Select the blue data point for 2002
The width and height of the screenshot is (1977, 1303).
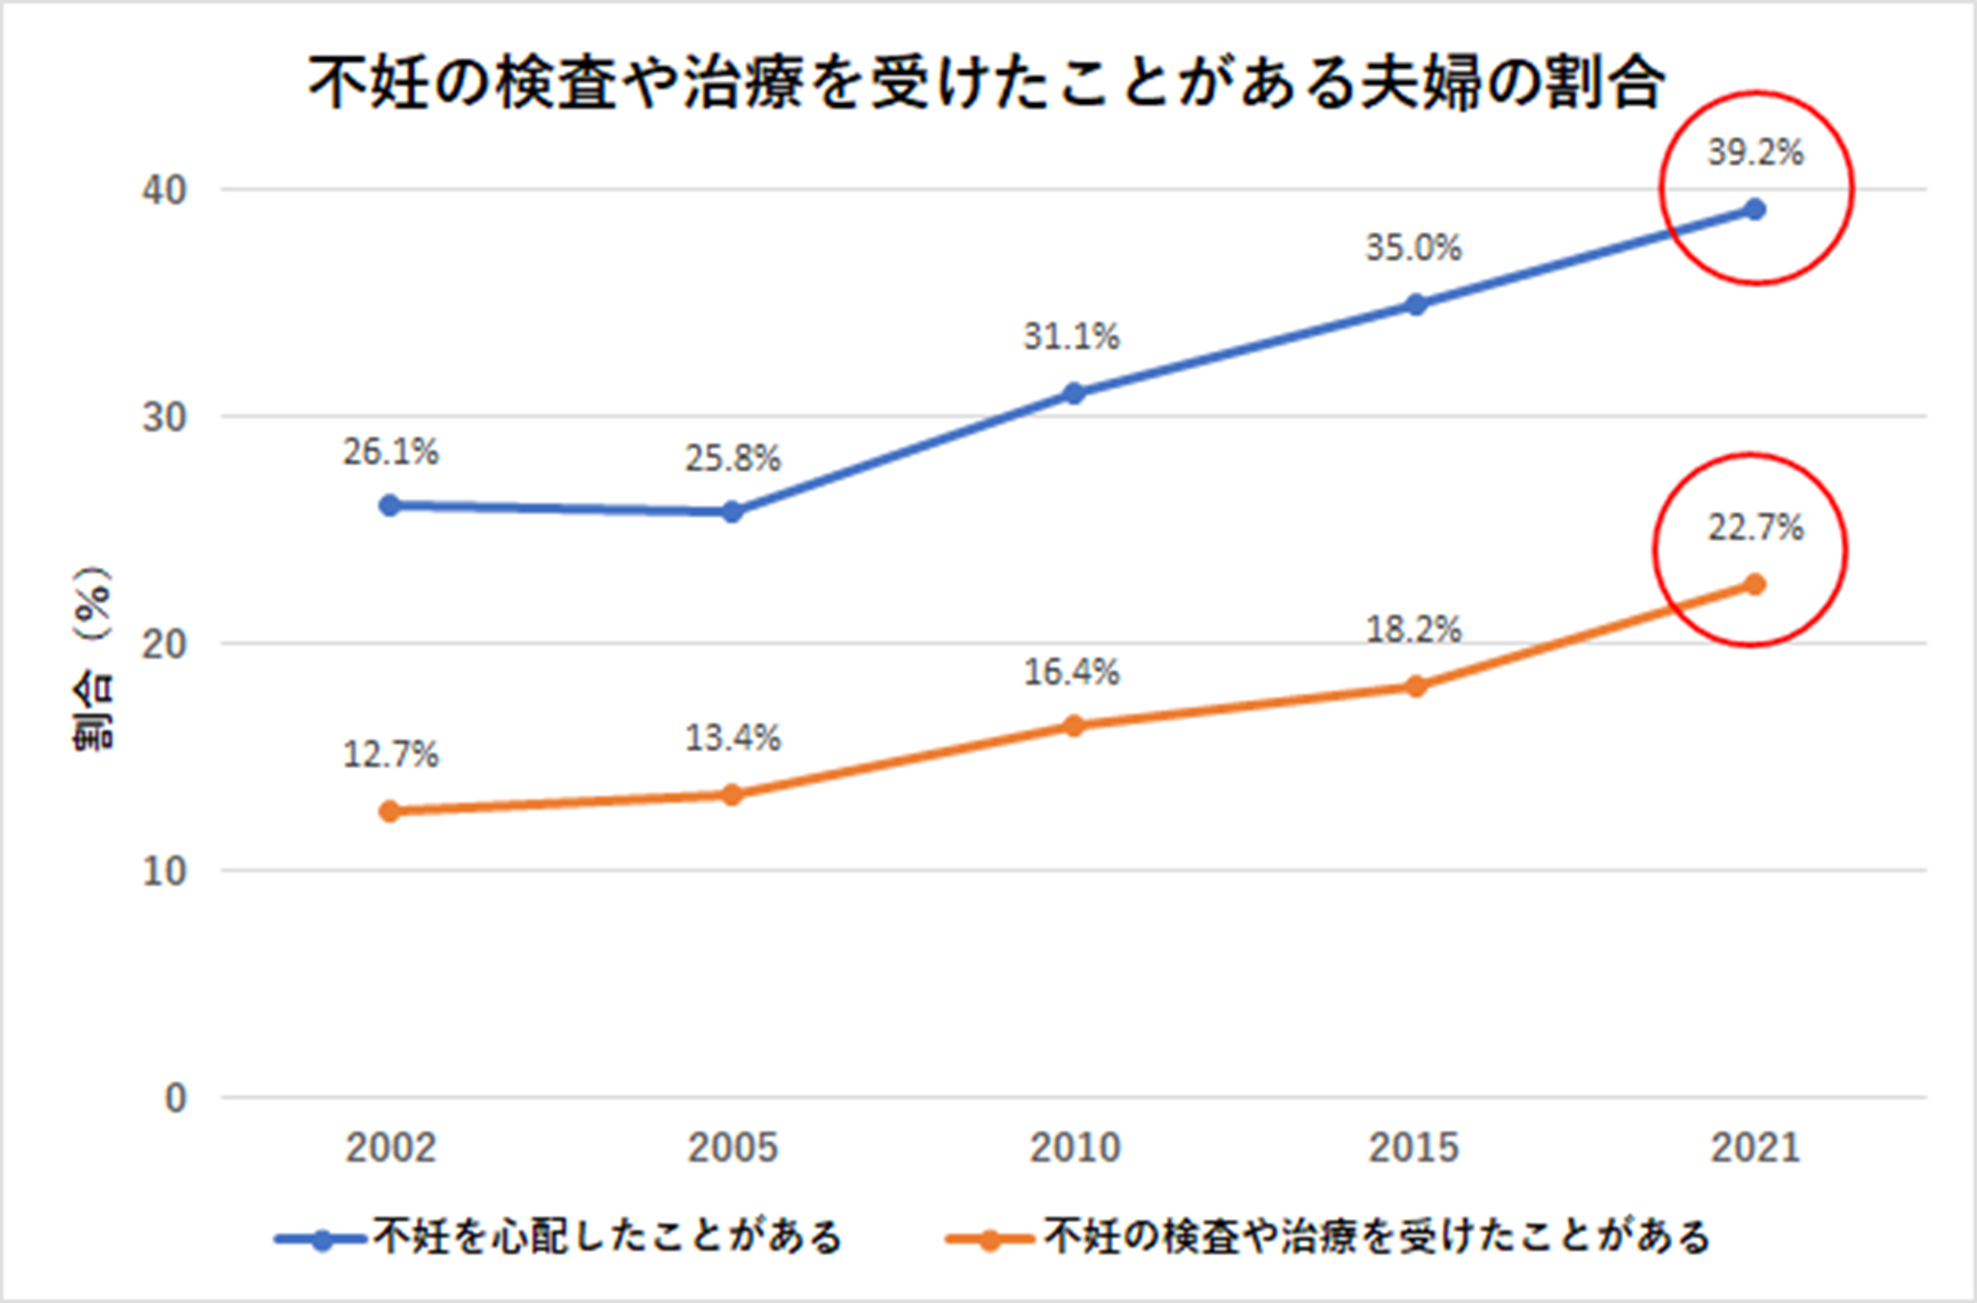[x=389, y=505]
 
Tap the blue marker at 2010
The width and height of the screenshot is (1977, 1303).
[x=1074, y=393]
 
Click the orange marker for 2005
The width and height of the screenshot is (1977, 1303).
[x=732, y=795]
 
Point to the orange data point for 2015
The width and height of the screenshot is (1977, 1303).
[x=1416, y=686]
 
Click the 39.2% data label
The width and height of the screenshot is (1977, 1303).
[x=1755, y=153]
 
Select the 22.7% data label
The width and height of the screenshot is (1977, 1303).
[x=1755, y=528]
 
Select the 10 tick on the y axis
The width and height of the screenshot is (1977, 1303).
[x=164, y=871]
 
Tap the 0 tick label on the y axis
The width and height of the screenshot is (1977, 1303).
[x=175, y=1098]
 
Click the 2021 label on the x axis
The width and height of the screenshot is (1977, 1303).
[x=1755, y=1148]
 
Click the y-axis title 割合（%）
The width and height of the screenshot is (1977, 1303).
[x=93, y=658]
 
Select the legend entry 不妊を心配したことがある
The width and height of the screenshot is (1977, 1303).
[x=607, y=1237]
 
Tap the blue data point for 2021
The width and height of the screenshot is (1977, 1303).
[x=1755, y=209]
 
